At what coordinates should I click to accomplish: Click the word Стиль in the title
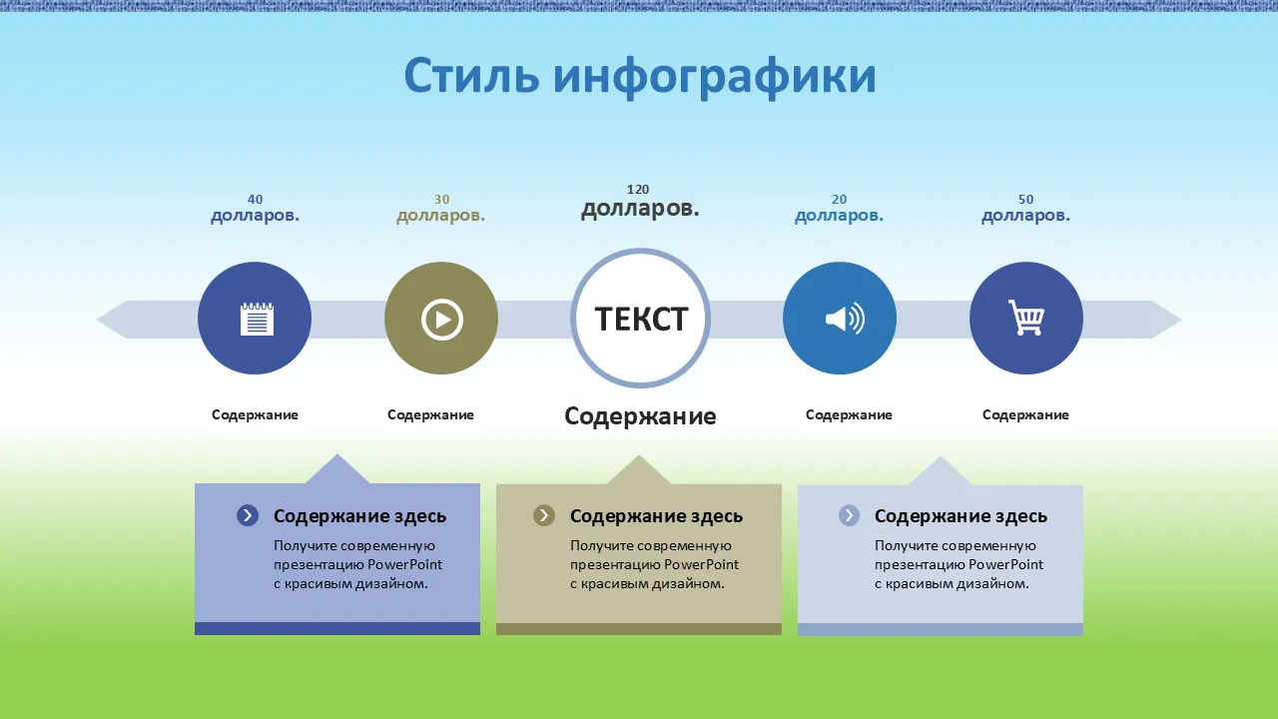tap(471, 75)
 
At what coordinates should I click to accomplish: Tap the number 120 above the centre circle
tap(638, 190)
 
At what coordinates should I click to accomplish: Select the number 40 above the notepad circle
tap(255, 200)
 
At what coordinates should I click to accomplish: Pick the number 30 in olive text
tap(442, 200)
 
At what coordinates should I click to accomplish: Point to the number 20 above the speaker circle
tap(840, 200)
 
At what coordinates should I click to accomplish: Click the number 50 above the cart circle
tap(1025, 200)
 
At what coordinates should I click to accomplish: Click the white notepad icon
tap(257, 319)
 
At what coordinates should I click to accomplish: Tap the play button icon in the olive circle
tap(442, 320)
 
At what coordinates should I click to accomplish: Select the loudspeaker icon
tap(845, 319)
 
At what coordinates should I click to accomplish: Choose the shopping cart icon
tap(1026, 318)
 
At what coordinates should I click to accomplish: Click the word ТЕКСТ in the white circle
tap(641, 319)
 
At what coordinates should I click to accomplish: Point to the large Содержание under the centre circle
tap(640, 416)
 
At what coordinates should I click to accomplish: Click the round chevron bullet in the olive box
tap(544, 516)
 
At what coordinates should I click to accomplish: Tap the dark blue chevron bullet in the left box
tap(248, 516)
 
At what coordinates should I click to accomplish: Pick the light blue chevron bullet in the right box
tap(849, 516)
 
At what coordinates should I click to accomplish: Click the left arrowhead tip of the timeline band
tap(97, 320)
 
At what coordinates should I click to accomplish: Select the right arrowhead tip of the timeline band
tap(1181, 320)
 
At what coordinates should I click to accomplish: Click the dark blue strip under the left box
tap(337, 628)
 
